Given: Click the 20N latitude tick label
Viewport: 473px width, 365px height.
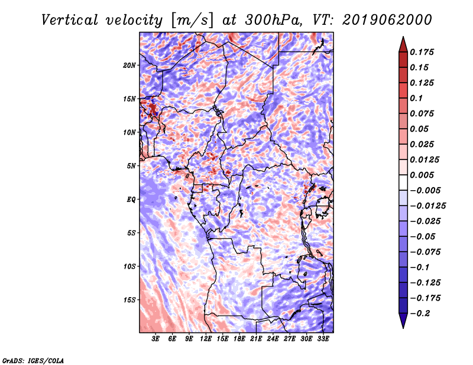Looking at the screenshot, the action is [129, 66].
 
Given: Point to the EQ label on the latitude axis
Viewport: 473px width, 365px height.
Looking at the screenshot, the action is [131, 200].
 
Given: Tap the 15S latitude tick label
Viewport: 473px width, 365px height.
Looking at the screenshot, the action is [129, 300].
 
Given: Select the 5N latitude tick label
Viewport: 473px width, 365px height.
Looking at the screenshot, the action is [131, 166].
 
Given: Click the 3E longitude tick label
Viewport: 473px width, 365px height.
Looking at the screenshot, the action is [155, 339].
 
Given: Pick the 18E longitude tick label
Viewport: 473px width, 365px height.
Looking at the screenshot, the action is [239, 339].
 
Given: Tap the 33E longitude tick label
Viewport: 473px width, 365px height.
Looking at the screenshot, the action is [323, 339].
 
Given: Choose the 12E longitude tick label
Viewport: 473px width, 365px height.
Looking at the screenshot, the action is [206, 339].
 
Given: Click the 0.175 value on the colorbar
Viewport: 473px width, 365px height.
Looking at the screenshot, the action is [422, 52].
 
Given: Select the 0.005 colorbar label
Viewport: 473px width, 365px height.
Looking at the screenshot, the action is [422, 175].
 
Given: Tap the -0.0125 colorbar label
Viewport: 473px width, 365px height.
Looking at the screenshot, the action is [427, 206].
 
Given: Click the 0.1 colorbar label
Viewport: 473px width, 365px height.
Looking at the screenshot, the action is [416, 98].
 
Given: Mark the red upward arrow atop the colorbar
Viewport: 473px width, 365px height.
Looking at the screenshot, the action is [403, 44].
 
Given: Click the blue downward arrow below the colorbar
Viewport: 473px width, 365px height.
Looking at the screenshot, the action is [403, 321].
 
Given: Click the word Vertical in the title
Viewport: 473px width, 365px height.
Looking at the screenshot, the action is [70, 20].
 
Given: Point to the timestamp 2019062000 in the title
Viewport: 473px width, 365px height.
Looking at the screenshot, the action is [387, 20].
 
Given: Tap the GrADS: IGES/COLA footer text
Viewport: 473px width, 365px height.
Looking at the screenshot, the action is [33, 360].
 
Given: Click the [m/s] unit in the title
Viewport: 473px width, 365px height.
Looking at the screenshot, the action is [192, 20].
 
